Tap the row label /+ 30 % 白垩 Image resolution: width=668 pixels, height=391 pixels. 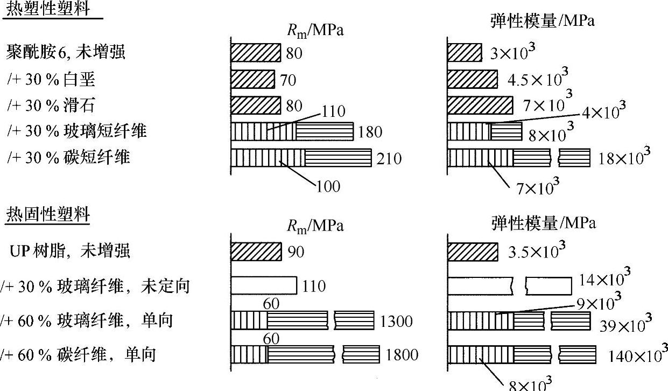[x=51, y=79]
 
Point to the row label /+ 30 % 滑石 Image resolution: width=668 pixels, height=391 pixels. [x=51, y=105]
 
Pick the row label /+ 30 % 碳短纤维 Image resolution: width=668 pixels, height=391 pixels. [x=68, y=157]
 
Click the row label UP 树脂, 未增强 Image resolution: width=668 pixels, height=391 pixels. [x=69, y=250]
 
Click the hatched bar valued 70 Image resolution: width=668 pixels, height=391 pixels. [x=252, y=80]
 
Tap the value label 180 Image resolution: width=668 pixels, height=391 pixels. [x=370, y=132]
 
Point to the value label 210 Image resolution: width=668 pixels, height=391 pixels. [x=389, y=158]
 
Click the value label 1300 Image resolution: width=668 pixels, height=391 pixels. [x=396, y=322]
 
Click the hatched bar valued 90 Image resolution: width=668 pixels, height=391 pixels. [x=256, y=251]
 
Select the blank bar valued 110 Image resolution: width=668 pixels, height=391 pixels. [x=264, y=285]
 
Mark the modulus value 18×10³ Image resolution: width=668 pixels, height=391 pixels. [x=623, y=157]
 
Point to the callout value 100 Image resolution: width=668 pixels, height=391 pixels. [x=328, y=186]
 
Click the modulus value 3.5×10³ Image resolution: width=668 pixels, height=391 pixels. [x=536, y=251]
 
